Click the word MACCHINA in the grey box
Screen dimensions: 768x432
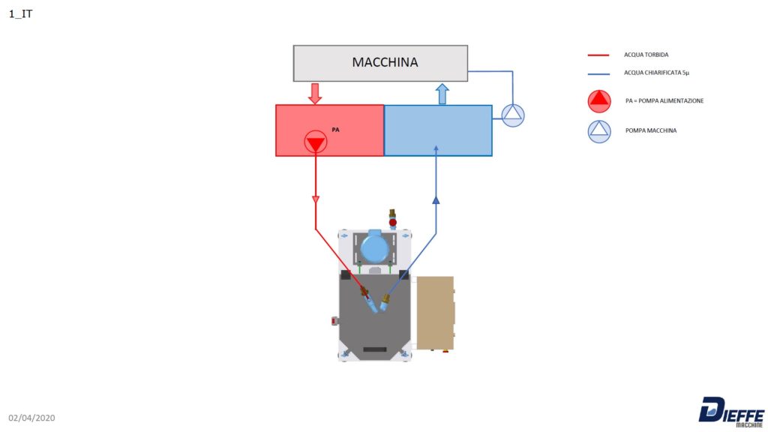pos(385,62)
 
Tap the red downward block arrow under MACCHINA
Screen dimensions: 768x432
pos(315,93)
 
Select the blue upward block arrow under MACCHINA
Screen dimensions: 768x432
pos(442,94)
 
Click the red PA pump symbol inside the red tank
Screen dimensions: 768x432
pos(316,142)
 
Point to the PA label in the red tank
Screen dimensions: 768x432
pos(335,130)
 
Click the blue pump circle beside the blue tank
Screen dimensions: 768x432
pos(513,115)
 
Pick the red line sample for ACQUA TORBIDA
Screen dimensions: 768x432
pos(598,55)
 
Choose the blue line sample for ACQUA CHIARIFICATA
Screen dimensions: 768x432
pos(598,74)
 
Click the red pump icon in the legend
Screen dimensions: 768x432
pos(599,101)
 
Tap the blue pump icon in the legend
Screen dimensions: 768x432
pos(599,131)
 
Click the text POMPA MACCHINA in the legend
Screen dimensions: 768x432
pos(651,130)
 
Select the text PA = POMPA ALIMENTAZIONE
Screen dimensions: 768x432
pos(664,101)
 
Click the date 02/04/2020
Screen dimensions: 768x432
pos(31,418)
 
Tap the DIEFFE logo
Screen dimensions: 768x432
pos(731,412)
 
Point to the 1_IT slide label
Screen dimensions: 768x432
pos(20,13)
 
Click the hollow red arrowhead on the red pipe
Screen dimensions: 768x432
pos(316,199)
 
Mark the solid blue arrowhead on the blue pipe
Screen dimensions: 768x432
pos(436,199)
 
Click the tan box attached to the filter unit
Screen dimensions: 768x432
pos(436,313)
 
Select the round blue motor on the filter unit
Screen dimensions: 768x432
pos(375,247)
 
